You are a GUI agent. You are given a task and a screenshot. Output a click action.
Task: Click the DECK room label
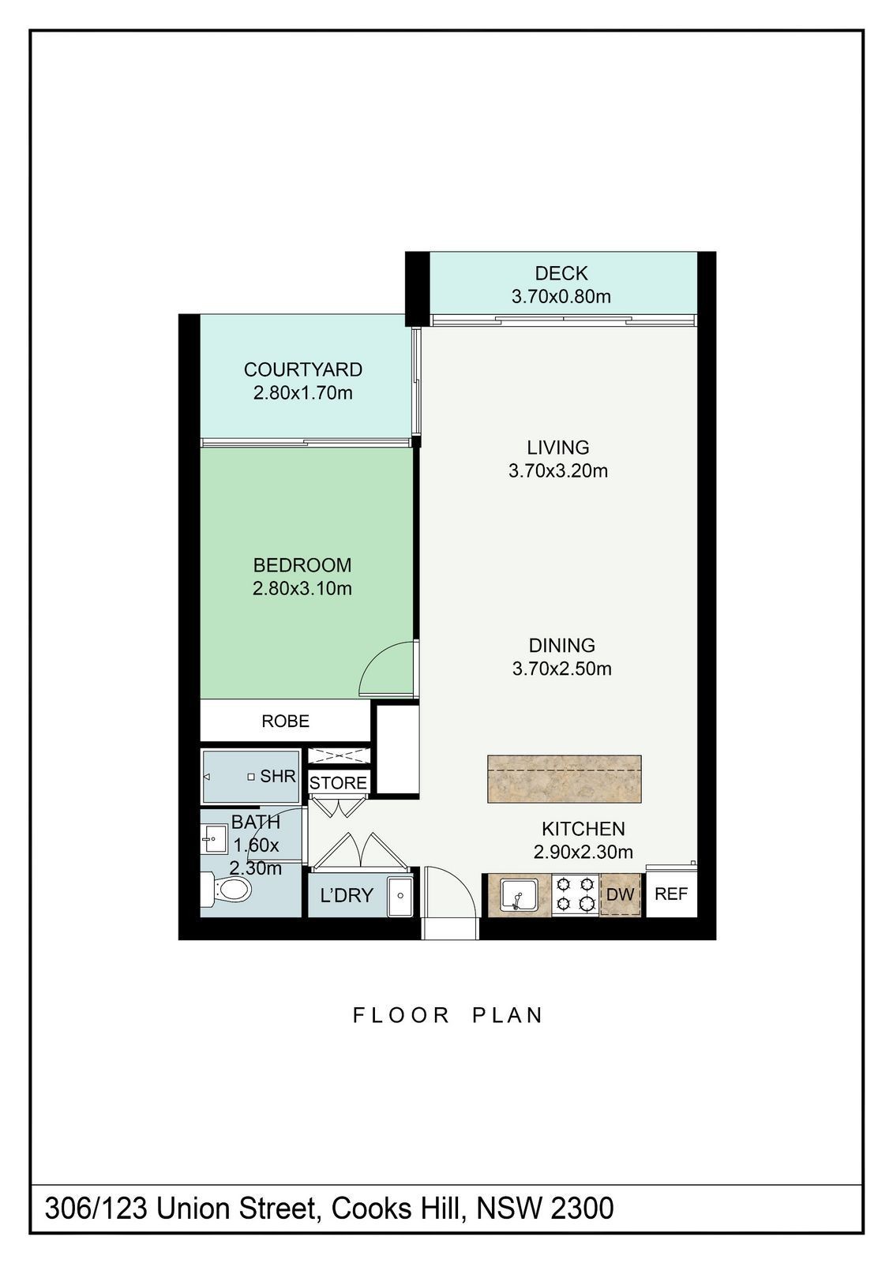561,273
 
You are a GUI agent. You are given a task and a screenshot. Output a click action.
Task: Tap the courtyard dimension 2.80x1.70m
303,392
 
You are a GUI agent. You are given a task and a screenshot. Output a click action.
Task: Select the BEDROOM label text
302,565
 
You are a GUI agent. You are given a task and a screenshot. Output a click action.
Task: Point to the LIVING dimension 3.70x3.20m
558,470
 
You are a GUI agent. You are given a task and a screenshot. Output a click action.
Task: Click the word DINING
562,645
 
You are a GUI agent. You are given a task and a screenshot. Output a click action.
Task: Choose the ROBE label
286,721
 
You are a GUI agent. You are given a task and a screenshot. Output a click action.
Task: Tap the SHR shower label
278,777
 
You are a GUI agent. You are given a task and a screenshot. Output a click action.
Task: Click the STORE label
339,782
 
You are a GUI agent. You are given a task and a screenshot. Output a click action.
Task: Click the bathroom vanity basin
214,840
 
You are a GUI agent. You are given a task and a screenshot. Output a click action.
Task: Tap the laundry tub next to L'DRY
400,895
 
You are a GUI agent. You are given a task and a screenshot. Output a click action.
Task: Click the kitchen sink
518,894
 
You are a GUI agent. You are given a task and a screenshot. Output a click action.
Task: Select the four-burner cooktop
575,894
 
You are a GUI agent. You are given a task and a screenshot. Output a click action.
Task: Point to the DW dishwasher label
621,894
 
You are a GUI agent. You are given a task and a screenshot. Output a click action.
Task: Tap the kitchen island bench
564,778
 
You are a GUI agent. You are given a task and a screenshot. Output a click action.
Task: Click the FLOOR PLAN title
448,1015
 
